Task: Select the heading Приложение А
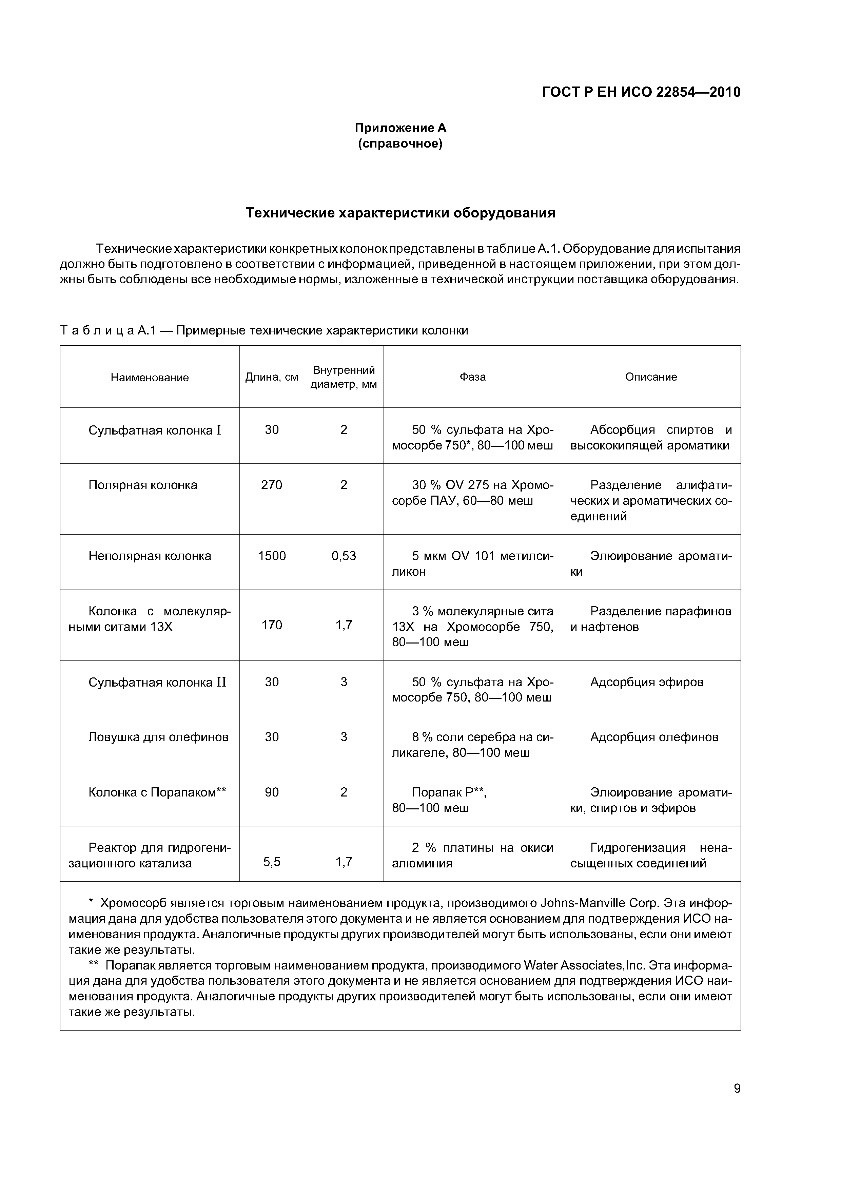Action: tap(400, 128)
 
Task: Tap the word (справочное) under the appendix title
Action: tap(400, 143)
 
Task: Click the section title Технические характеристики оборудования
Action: tap(400, 213)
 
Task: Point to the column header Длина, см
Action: tap(272, 377)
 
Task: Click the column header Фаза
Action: tap(473, 377)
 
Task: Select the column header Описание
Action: tap(651, 377)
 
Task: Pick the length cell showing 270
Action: tap(272, 485)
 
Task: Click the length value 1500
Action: tap(272, 556)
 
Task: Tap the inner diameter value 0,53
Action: tap(344, 556)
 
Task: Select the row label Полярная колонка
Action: tap(143, 485)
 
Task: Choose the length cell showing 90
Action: tap(272, 792)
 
